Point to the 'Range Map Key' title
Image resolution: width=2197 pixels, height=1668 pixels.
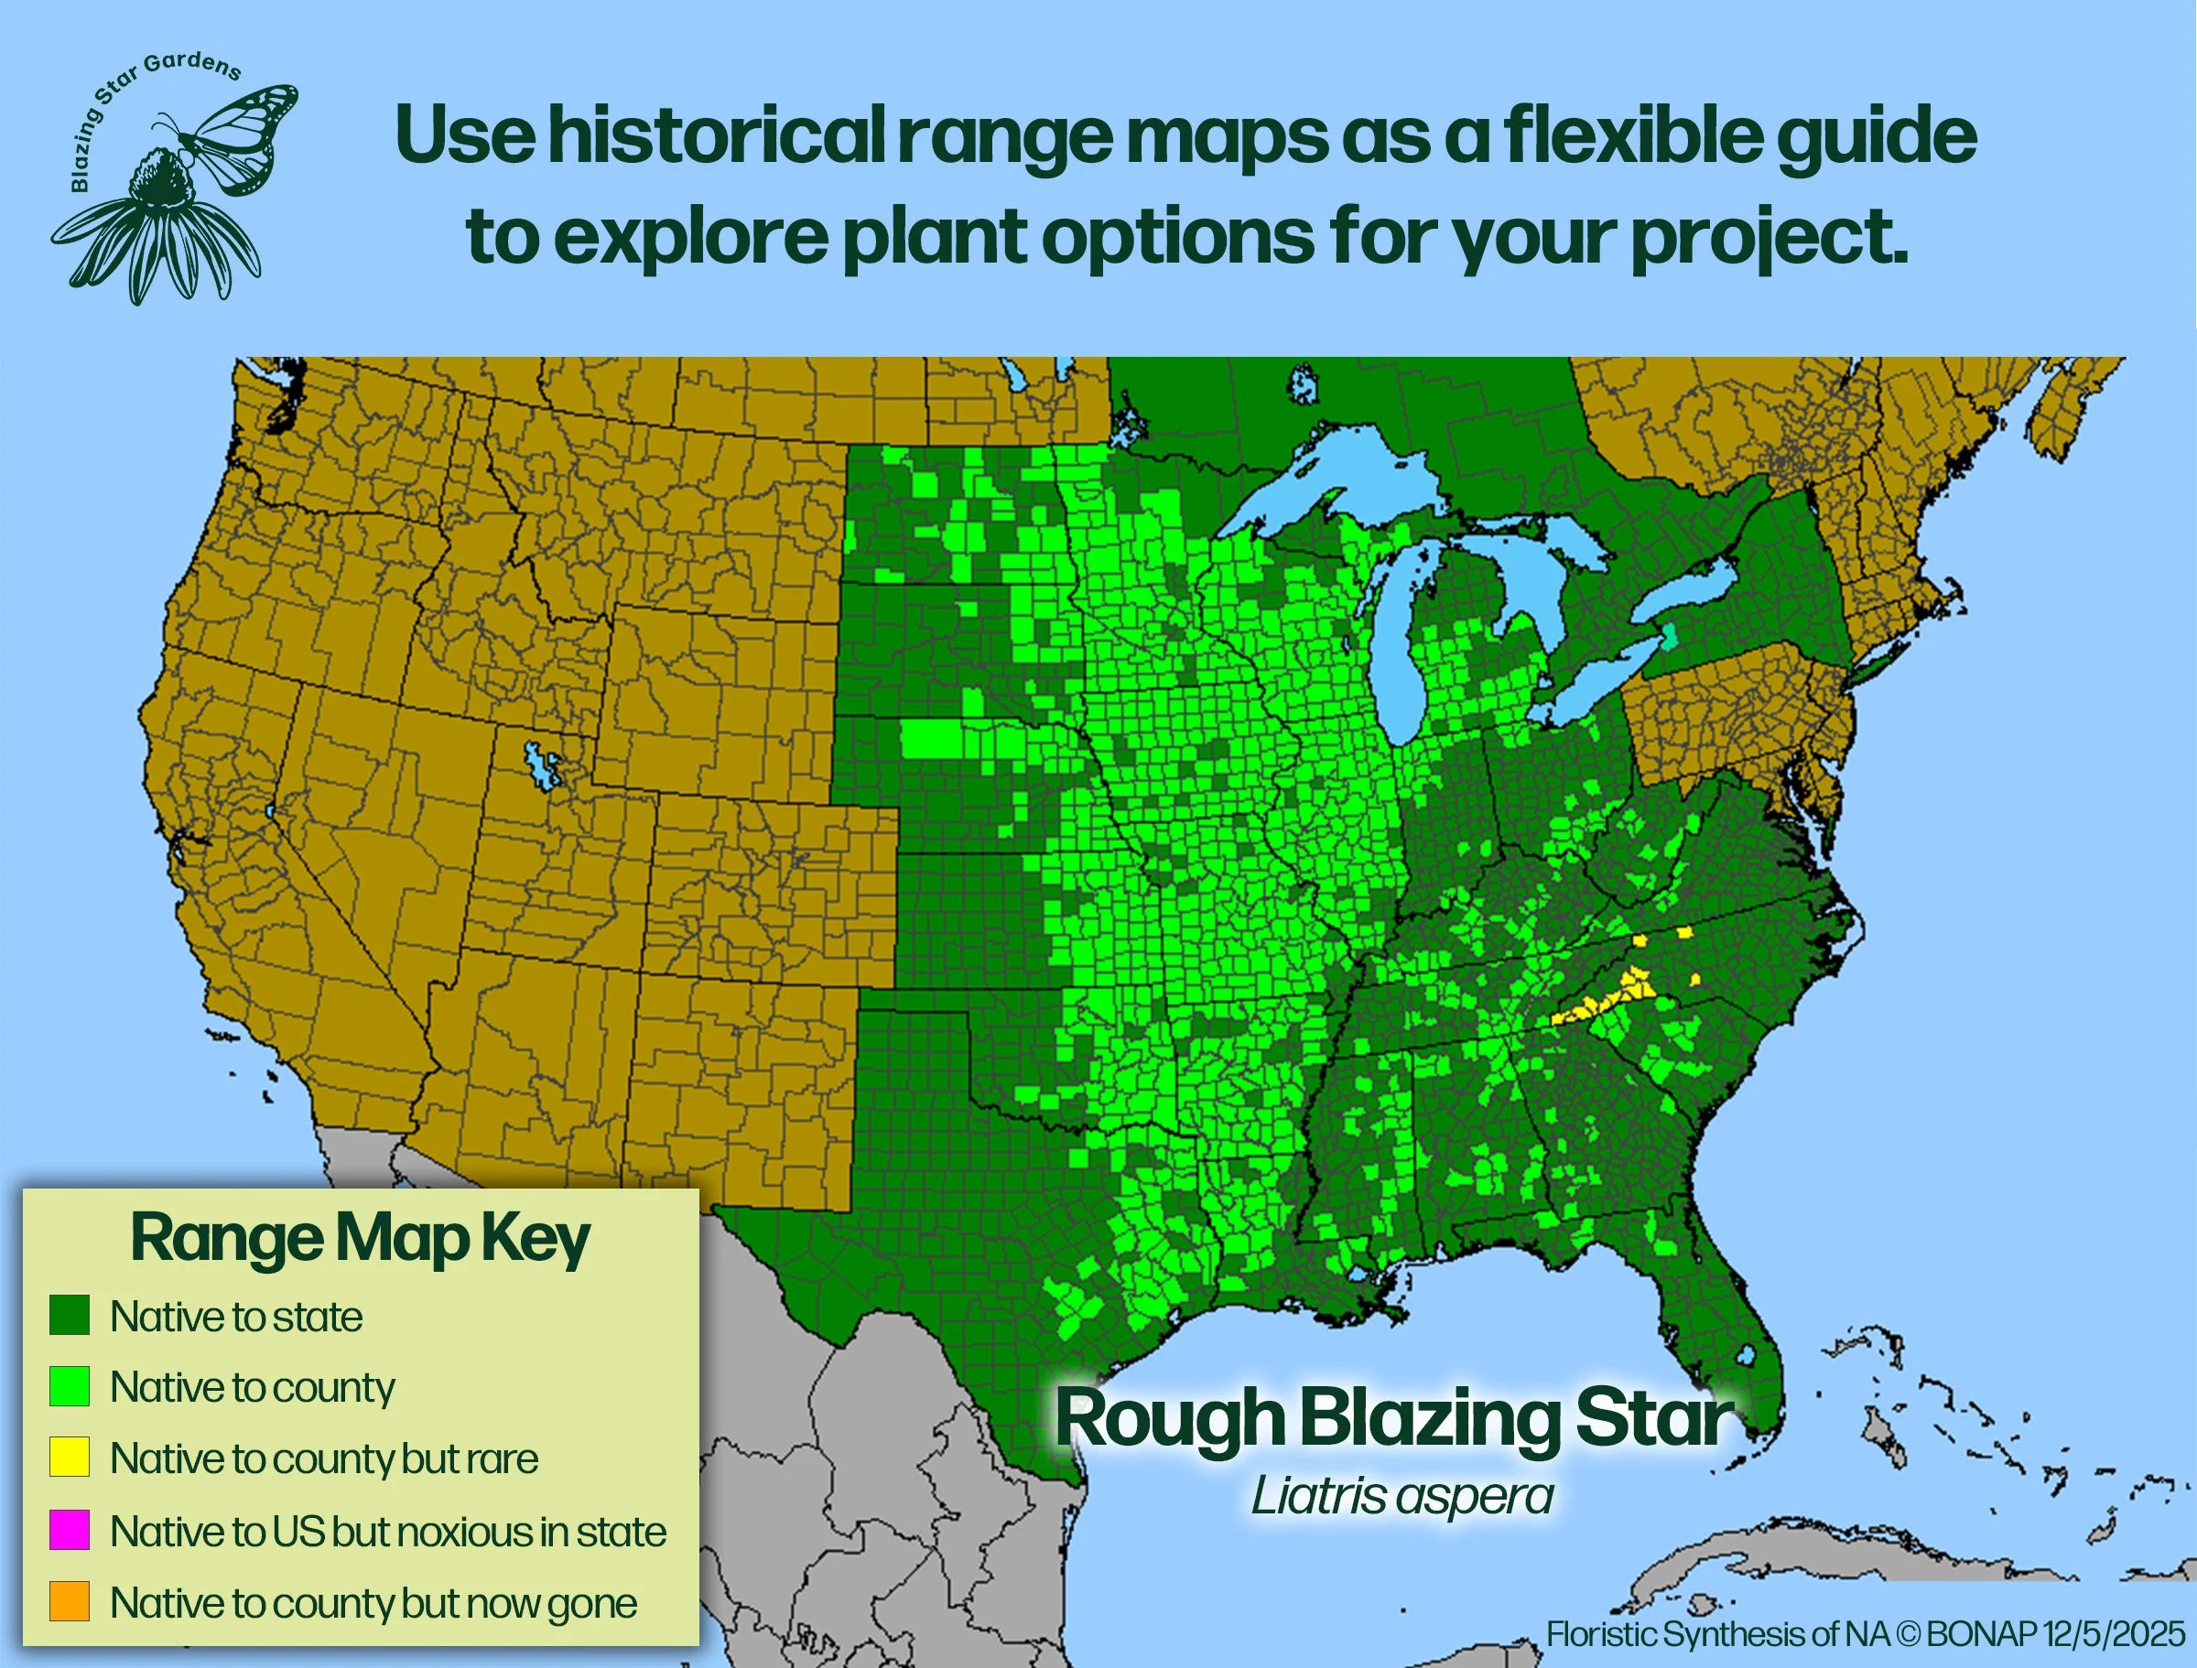(360, 1238)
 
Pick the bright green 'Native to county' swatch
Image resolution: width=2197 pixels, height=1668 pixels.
(70, 1386)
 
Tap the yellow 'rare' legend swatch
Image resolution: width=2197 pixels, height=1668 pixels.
(70, 1457)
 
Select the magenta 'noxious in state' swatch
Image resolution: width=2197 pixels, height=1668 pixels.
(70, 1530)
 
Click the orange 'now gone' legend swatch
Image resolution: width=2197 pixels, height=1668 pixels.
(70, 1600)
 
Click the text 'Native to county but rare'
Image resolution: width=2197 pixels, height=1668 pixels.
(324, 1458)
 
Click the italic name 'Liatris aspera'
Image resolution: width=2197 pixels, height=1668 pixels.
(1402, 1496)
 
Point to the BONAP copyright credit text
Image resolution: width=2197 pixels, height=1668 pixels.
(1866, 1634)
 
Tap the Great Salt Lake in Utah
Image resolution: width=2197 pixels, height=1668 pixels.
(542, 766)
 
